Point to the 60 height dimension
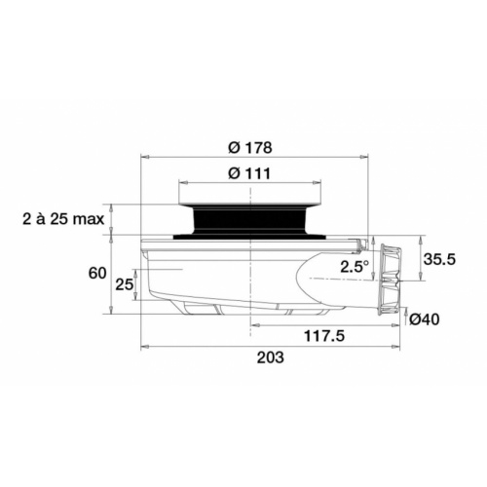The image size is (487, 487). click(x=96, y=274)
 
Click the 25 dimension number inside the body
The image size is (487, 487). click(x=124, y=284)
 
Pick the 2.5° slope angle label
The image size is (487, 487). click(x=354, y=265)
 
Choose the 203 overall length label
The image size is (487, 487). click(x=270, y=357)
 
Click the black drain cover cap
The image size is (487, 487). click(x=251, y=216)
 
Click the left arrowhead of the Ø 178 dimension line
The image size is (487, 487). click(x=145, y=156)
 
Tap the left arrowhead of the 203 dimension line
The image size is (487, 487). click(x=145, y=346)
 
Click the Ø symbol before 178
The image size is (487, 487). click(x=234, y=147)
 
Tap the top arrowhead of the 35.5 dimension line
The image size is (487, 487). click(x=420, y=239)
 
